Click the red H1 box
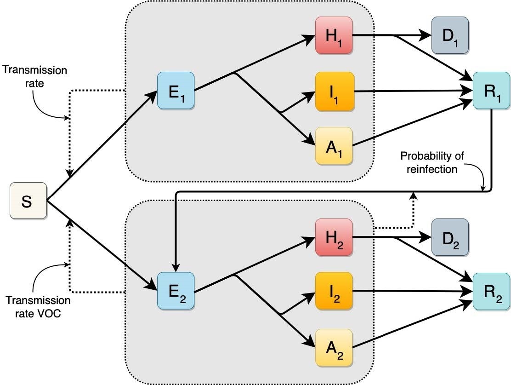[334, 35]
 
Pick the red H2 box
[334, 237]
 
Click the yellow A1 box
[334, 146]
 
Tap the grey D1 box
[450, 35]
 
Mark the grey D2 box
[450, 237]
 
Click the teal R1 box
[491, 91]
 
